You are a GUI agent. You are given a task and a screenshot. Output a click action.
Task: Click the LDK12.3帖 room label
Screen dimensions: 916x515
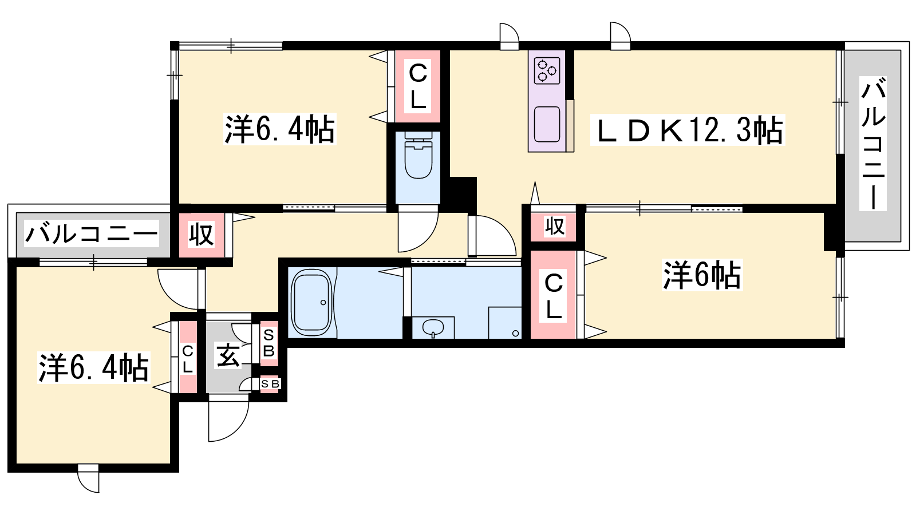(x=688, y=130)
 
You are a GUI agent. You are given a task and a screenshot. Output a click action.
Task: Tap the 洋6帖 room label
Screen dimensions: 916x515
(x=702, y=275)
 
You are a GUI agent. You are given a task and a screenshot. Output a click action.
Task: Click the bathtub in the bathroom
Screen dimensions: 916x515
(x=311, y=303)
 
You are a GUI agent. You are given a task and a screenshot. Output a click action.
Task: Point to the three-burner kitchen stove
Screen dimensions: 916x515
(x=547, y=71)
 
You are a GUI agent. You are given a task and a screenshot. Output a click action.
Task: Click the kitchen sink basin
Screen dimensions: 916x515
(x=547, y=124)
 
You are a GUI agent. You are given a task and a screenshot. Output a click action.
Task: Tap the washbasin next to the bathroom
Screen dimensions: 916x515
(x=433, y=328)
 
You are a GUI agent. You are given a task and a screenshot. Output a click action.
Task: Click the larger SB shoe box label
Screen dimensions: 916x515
(x=269, y=343)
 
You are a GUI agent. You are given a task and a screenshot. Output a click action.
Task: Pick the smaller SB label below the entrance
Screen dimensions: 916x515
(x=270, y=384)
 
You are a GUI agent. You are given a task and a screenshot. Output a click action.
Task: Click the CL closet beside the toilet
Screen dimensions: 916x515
(x=417, y=86)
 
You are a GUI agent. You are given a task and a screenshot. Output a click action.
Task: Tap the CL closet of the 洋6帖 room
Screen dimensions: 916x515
(x=554, y=295)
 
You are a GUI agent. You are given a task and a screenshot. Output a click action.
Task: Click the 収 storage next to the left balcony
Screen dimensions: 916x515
(x=202, y=235)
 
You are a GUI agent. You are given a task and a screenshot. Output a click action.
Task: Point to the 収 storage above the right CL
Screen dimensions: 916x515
(x=554, y=226)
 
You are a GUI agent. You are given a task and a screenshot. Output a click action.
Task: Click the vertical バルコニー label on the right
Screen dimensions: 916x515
(x=873, y=143)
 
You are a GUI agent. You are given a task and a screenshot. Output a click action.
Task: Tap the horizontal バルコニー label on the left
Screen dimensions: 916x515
(x=92, y=234)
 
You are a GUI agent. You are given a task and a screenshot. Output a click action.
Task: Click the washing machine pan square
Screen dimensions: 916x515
(x=505, y=323)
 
